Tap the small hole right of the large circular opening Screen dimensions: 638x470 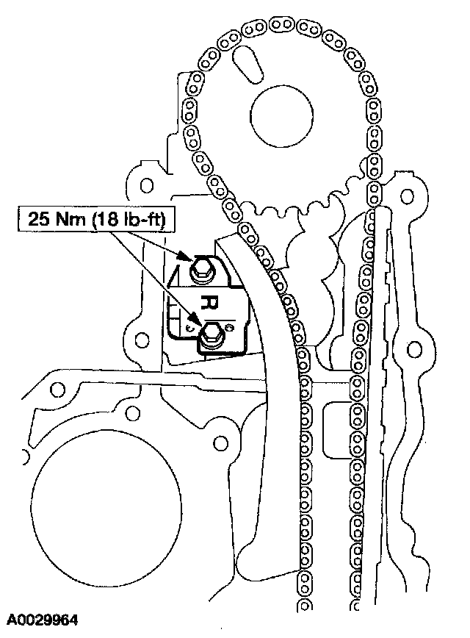coord(219,442)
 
